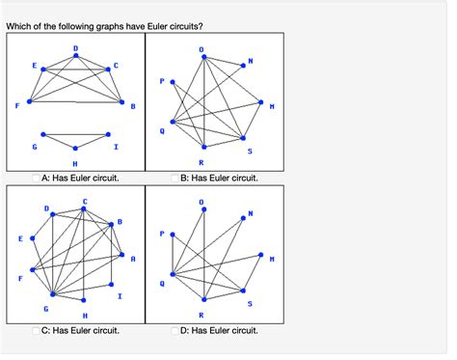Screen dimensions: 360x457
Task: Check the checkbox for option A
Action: pos(37,178)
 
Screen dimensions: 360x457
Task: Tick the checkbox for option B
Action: pos(175,178)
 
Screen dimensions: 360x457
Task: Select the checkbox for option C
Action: pos(37,331)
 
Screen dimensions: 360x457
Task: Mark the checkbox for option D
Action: pos(175,331)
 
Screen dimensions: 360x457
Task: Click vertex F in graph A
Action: pos(30,100)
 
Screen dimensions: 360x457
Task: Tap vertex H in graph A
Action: pos(75,149)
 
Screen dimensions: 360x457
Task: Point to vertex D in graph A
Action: pos(75,56)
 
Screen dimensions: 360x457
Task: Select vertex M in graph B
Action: pos(262,101)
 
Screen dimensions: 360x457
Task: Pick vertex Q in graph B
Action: pos(174,123)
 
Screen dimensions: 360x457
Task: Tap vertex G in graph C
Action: pos(53,294)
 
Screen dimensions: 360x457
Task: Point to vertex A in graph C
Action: pos(121,257)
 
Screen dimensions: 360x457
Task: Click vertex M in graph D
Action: pos(262,256)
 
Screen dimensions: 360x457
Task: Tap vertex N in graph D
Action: pos(242,220)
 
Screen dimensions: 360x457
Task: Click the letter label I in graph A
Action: pos(116,147)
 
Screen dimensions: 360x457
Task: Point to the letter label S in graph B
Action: pos(250,151)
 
